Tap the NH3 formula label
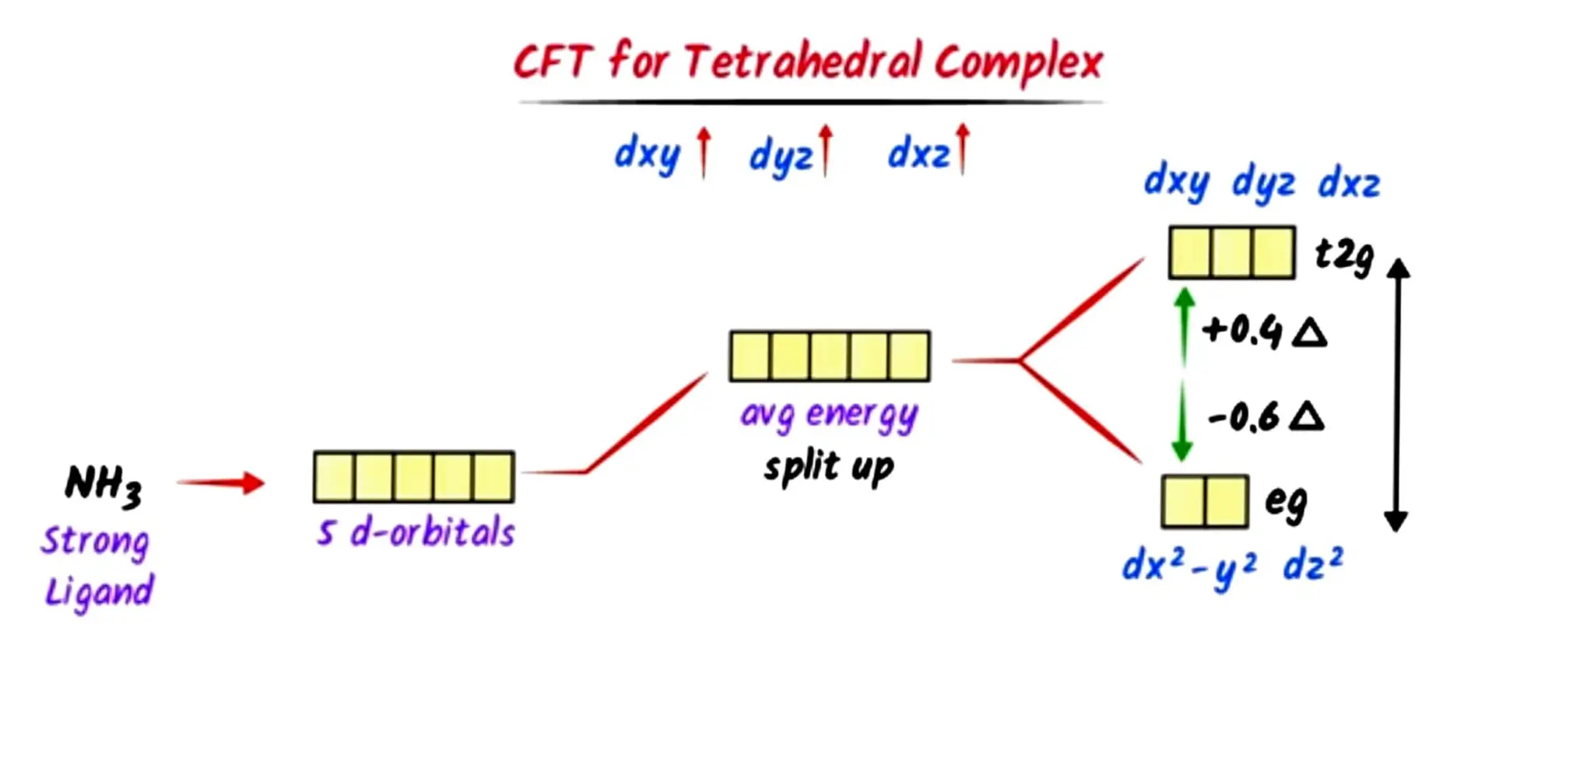click(x=104, y=485)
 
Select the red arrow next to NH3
click(x=221, y=482)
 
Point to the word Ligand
click(x=99, y=591)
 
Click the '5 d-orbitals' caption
click(x=416, y=533)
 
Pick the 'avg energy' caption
click(x=829, y=414)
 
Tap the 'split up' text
click(x=829, y=467)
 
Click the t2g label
click(x=1344, y=255)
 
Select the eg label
click(x=1286, y=502)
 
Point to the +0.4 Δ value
click(x=1263, y=331)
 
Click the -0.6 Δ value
click(x=1265, y=416)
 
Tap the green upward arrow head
click(x=1184, y=297)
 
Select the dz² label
click(x=1312, y=563)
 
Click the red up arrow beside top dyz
click(x=826, y=149)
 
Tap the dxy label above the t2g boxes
click(x=1176, y=183)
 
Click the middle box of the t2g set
click(x=1231, y=252)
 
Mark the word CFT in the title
click(x=553, y=61)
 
